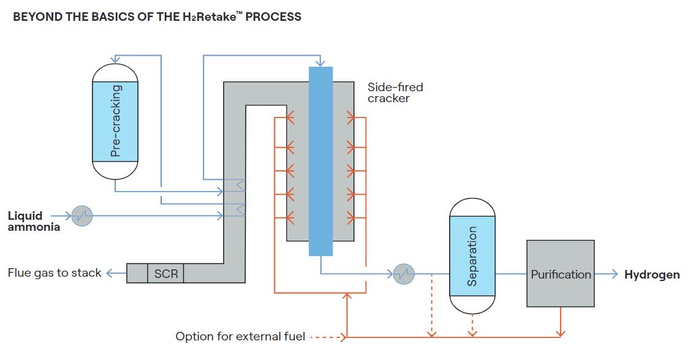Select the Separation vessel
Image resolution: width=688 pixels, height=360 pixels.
point(472,256)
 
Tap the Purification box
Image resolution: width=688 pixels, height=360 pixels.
point(560,274)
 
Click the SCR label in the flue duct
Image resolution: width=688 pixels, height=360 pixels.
point(166,273)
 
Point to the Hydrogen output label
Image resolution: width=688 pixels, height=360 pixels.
point(652,274)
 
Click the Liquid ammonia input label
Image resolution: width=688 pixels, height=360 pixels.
point(34,221)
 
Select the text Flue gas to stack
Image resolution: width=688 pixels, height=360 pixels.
point(55,272)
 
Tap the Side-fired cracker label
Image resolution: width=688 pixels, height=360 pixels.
point(395,92)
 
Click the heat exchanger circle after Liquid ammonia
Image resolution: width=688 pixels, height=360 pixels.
point(81,216)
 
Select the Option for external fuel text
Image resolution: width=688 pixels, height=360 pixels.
point(241,336)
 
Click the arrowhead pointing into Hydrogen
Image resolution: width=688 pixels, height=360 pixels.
point(615,274)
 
